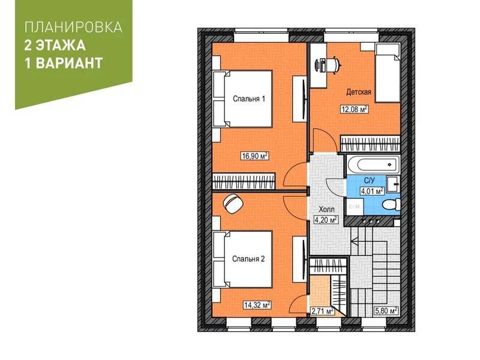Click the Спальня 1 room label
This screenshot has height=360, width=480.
[x=249, y=99]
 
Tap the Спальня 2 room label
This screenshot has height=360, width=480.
[x=248, y=259]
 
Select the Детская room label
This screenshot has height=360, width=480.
[x=359, y=92]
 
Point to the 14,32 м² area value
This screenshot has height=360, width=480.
[x=257, y=305]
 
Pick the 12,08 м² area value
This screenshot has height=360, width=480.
[x=355, y=109]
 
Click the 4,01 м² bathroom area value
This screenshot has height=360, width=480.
[x=372, y=191]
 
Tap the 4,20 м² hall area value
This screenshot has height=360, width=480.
[x=326, y=220]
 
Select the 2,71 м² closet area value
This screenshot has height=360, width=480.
[x=322, y=311]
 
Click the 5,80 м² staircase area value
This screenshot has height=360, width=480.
[x=386, y=311]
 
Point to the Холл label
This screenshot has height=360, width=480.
[x=326, y=209]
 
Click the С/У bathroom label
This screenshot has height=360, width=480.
[x=369, y=181]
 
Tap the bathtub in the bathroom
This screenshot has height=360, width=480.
[x=373, y=164]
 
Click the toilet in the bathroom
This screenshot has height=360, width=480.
[x=392, y=204]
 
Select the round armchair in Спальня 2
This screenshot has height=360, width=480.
[x=233, y=203]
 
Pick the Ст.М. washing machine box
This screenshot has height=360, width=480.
[x=355, y=206]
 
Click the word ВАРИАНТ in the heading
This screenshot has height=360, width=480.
[x=70, y=64]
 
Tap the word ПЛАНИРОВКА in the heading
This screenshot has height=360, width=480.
[x=73, y=27]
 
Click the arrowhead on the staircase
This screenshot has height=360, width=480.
[x=355, y=242]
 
